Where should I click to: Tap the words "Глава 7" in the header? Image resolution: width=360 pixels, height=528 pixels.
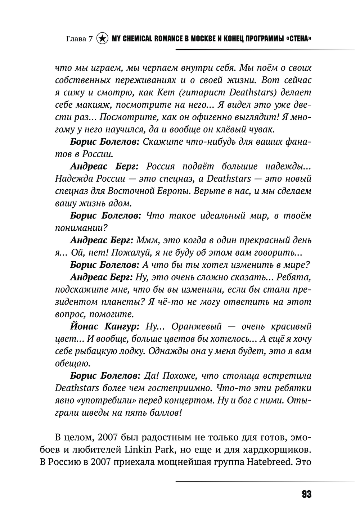click(x=80, y=39)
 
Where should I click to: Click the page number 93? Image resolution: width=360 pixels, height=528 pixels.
click(x=306, y=494)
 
